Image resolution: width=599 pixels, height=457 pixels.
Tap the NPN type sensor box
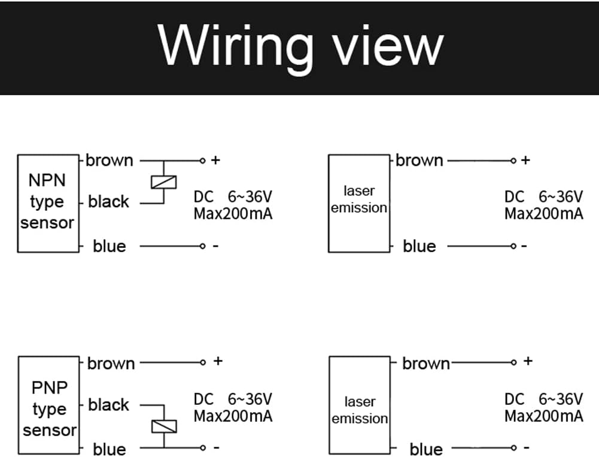coord(48,202)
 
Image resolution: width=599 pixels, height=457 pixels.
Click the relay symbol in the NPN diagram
coord(163,181)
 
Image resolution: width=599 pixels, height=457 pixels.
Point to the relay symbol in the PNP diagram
coord(163,426)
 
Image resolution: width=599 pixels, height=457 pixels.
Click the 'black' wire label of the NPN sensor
coord(108,202)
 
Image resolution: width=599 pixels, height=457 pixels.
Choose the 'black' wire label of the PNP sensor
coord(108,405)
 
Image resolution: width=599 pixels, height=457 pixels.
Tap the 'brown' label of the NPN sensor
coord(110,161)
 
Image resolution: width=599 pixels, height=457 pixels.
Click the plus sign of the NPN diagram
coord(216,161)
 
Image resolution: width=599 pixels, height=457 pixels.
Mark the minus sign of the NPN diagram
coord(216,246)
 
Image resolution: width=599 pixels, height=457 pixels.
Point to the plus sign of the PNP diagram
coord(218,361)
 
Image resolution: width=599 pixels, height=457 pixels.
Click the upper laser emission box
coord(359,202)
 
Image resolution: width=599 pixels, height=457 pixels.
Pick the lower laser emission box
coord(359,404)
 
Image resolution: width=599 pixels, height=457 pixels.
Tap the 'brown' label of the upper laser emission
coord(419,161)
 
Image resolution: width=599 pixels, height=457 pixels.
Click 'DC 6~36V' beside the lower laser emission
coord(543,400)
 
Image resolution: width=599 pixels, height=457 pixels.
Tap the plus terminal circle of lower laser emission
coord(513,362)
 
